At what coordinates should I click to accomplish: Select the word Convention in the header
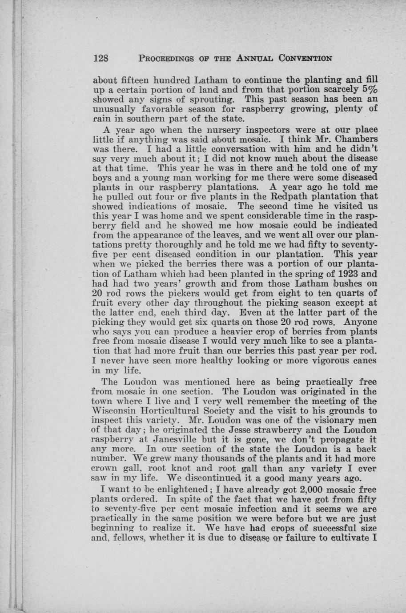[x=306, y=58]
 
